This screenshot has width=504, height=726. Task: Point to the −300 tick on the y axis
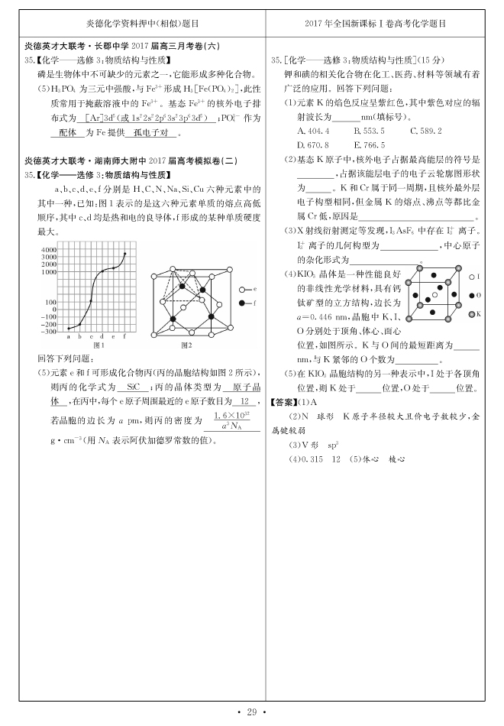click(x=48, y=332)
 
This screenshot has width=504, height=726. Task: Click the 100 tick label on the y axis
click(x=51, y=302)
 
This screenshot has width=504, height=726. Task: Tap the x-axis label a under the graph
click(x=69, y=337)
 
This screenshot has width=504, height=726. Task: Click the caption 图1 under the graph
click(x=98, y=345)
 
